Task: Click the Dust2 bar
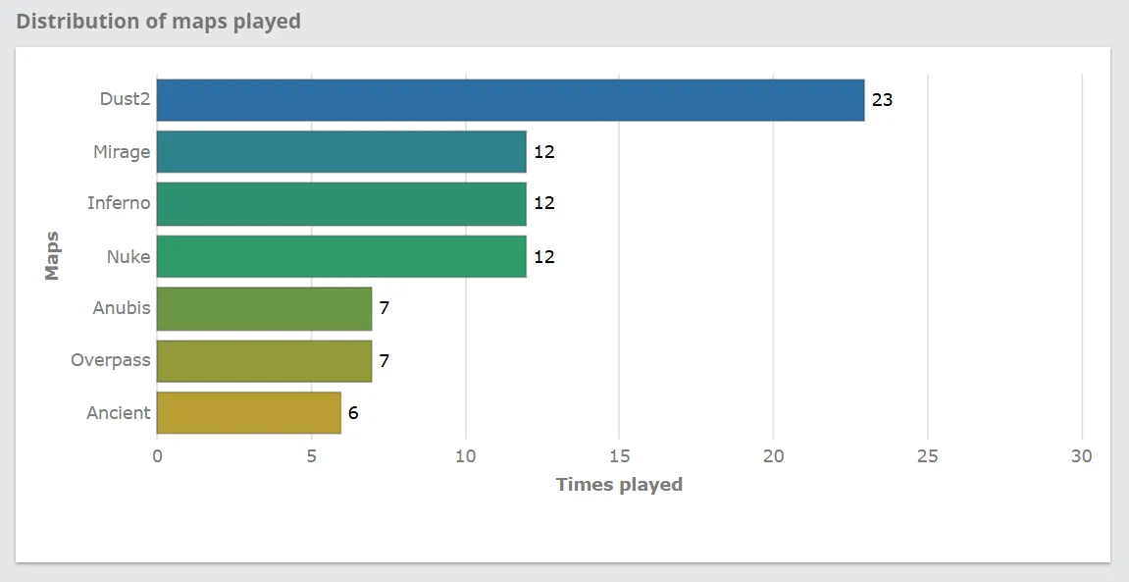pyautogui.click(x=510, y=100)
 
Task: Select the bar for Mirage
pyautogui.click(x=341, y=152)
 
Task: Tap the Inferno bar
pyautogui.click(x=341, y=204)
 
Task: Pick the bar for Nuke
pyautogui.click(x=341, y=256)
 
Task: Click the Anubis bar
pyautogui.click(x=264, y=308)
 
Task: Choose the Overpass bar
pyautogui.click(x=264, y=360)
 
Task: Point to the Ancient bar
pyautogui.click(x=248, y=412)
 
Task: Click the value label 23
pyautogui.click(x=882, y=100)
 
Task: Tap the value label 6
pyautogui.click(x=353, y=413)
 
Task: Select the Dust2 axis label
pyautogui.click(x=125, y=99)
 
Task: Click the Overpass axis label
pyautogui.click(x=110, y=360)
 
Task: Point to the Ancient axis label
pyautogui.click(x=118, y=413)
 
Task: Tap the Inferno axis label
pyautogui.click(x=118, y=203)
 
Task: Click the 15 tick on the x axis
pyautogui.click(x=619, y=456)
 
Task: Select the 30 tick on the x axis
pyautogui.click(x=1081, y=456)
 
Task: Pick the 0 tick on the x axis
pyautogui.click(x=157, y=456)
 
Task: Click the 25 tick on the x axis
pyautogui.click(x=927, y=456)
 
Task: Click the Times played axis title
pyautogui.click(x=619, y=484)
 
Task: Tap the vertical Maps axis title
pyautogui.click(x=53, y=255)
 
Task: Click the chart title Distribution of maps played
pyautogui.click(x=159, y=21)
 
